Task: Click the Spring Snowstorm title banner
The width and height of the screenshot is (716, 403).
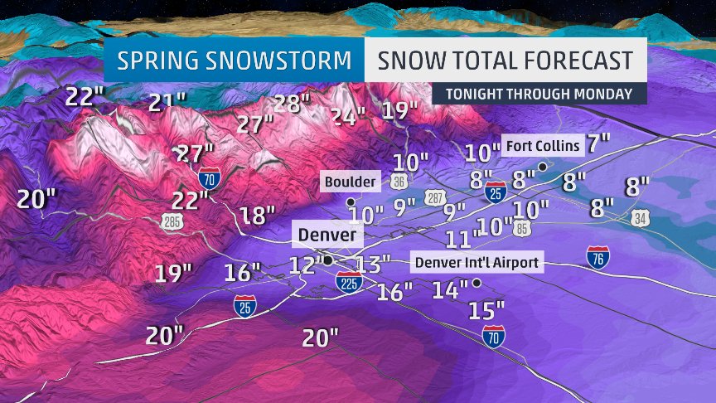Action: (233, 61)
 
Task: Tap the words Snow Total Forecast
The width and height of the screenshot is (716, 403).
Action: (505, 61)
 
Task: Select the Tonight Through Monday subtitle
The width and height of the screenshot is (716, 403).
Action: (539, 93)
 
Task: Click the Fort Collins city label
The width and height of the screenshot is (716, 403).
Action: (543, 147)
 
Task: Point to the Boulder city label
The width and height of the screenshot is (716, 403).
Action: (351, 181)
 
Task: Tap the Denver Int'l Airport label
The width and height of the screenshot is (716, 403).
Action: (477, 263)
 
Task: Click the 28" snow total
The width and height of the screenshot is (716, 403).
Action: (291, 104)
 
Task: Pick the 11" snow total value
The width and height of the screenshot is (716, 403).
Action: (463, 240)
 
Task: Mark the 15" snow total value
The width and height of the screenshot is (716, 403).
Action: (486, 311)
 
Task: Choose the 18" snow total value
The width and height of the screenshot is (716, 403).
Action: (257, 216)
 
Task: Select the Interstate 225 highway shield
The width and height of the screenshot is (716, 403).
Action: (349, 284)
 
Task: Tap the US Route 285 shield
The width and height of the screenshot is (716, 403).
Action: (173, 221)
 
